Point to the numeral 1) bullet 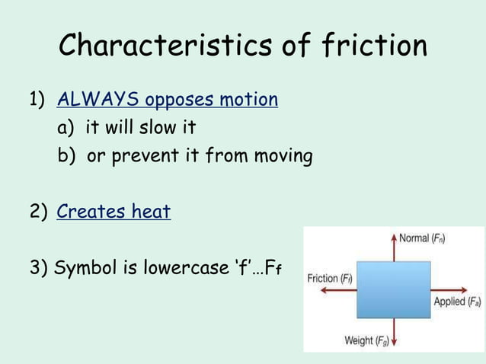pos(37,100)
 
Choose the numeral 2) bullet pos(37,212)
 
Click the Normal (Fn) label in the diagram pos(423,238)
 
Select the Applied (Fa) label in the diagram pos(457,302)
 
